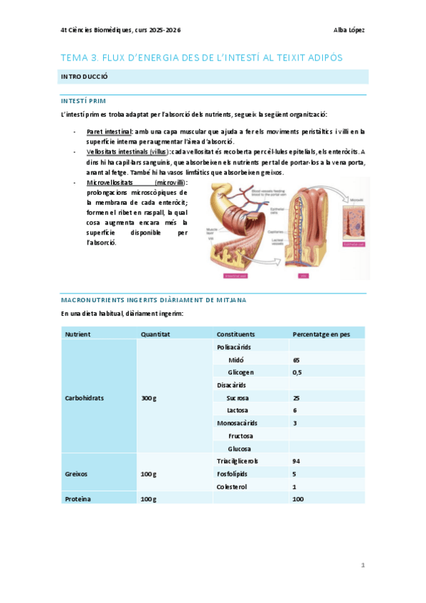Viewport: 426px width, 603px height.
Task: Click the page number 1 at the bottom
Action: (x=362, y=565)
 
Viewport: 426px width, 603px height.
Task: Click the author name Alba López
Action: (x=349, y=30)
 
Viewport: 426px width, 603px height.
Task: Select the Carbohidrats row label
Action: (x=84, y=397)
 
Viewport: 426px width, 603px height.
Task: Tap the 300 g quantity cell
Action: (x=149, y=397)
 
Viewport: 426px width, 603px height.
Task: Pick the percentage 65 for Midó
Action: (x=297, y=360)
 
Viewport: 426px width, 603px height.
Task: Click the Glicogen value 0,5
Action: (x=297, y=372)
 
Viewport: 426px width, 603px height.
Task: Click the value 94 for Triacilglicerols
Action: (x=297, y=461)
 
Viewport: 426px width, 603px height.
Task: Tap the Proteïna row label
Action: (x=78, y=499)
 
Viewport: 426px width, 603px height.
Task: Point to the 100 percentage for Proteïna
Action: (x=299, y=499)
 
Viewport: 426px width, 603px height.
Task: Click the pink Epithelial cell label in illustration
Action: (x=354, y=244)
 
